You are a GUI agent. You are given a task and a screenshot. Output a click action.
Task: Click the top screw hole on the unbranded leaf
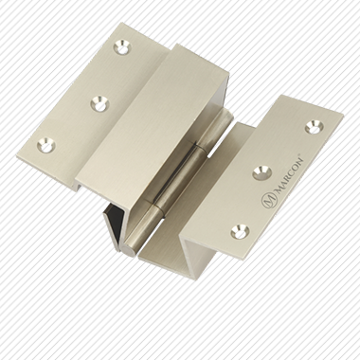tap(122, 47)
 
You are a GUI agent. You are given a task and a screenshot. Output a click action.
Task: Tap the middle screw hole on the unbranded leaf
tap(100, 103)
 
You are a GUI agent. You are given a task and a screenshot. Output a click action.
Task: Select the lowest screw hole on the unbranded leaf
tap(46, 145)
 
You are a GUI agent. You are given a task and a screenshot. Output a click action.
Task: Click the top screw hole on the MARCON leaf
tap(315, 127)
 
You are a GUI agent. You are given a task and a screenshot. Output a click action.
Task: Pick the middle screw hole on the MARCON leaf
tap(262, 172)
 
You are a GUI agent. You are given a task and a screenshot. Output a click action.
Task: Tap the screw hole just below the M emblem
tap(240, 231)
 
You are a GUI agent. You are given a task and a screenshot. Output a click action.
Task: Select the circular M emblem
tap(269, 200)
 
